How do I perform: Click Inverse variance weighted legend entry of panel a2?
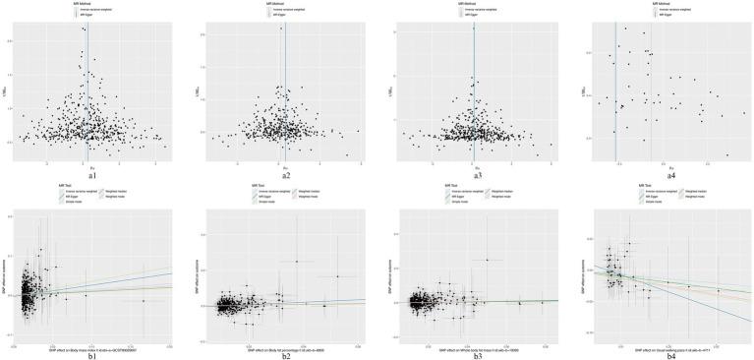pos(289,10)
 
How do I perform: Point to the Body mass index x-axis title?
pos(91,345)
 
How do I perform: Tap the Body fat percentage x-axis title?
pos(285,345)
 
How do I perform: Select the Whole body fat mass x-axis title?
pos(478,345)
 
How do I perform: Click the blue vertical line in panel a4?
pos(615,89)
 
